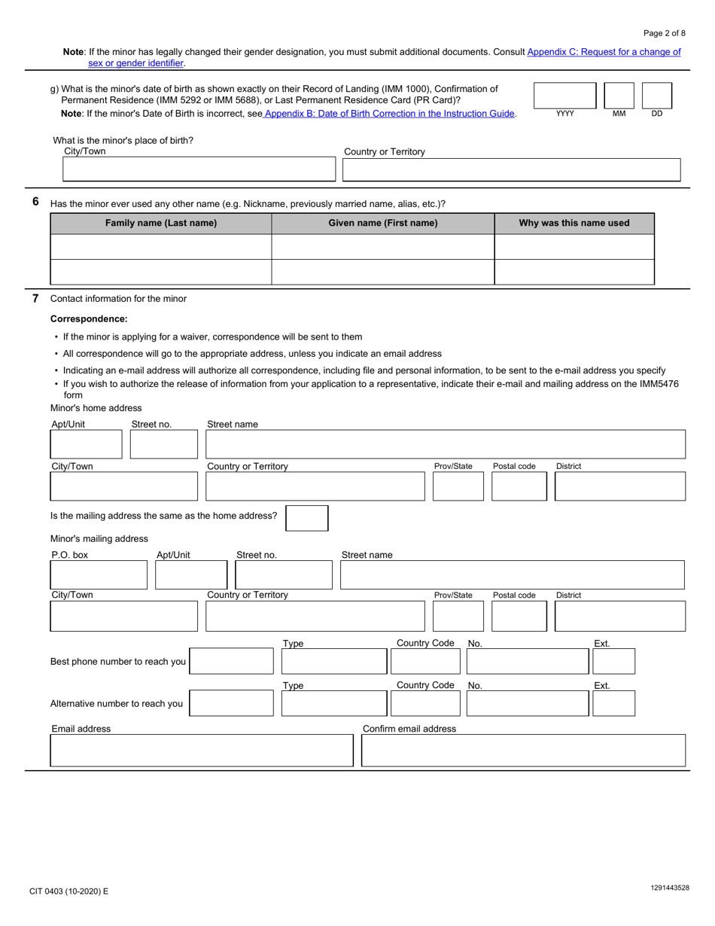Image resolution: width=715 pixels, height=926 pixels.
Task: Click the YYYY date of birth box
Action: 564,96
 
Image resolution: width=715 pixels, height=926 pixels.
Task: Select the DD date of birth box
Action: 656,96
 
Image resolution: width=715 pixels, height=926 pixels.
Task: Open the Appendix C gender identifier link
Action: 604,52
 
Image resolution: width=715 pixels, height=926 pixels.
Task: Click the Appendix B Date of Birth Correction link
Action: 389,114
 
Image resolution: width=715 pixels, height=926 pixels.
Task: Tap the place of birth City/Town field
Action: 199,169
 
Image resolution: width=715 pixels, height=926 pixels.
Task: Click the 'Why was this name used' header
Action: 574,223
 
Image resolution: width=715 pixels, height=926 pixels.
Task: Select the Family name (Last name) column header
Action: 160,223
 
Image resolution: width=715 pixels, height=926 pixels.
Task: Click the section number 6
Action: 35,202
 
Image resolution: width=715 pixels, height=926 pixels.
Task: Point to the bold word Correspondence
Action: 89,319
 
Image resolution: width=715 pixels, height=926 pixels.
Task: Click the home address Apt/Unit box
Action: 86,444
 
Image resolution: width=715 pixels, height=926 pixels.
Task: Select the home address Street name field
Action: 446,444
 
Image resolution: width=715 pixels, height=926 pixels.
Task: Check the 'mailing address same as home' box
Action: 307,518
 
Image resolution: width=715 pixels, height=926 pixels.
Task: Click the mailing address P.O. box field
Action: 99,575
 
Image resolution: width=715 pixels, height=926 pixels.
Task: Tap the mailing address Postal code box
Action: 519,616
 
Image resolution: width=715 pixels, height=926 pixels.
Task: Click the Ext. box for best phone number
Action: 613,661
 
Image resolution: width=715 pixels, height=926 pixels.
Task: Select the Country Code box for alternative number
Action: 425,703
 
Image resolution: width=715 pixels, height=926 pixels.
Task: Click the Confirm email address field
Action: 523,751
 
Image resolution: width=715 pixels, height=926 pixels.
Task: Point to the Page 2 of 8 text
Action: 665,33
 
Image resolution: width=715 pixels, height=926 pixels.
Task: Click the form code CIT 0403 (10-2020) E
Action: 69,891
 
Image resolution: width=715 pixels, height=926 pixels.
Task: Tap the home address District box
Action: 619,486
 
